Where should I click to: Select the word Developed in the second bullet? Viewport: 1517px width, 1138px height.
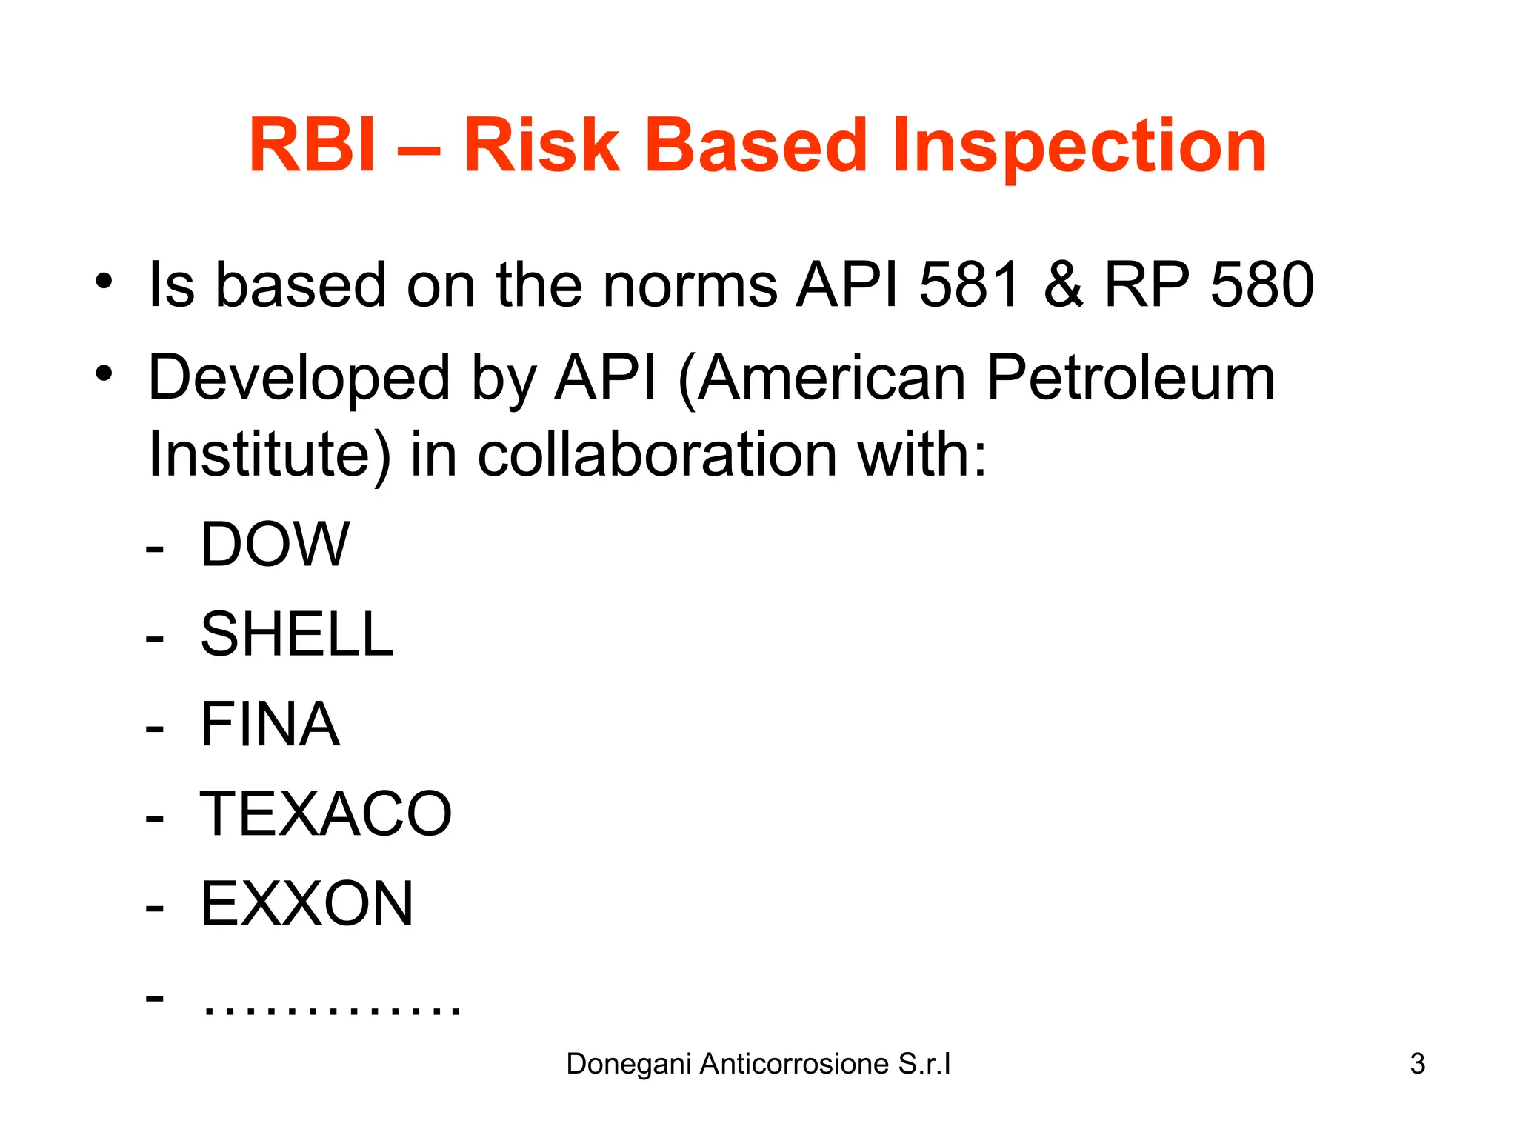coord(299,378)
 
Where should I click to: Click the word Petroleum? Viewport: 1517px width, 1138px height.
coord(1130,378)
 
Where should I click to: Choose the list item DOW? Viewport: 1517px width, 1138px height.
coord(275,545)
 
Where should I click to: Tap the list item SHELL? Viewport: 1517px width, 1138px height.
coord(297,634)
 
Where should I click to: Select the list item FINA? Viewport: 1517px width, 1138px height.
coord(270,725)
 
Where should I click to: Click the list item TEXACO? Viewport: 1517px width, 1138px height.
coord(326,814)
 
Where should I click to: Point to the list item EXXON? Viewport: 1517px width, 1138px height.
coord(307,904)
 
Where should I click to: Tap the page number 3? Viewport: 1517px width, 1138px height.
coord(1417,1064)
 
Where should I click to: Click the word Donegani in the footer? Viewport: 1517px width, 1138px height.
coord(629,1064)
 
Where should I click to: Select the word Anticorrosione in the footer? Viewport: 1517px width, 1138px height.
coord(794,1064)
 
